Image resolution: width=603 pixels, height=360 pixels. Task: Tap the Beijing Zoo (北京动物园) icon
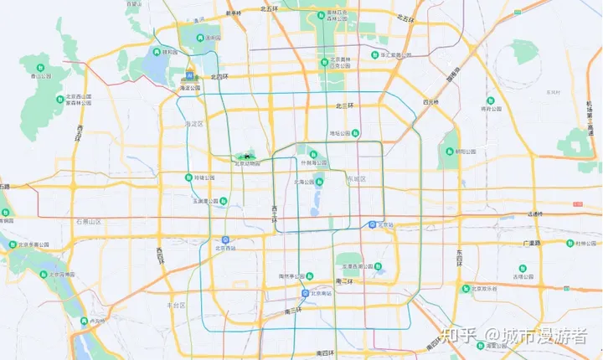247,155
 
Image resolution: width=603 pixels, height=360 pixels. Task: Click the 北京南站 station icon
306,293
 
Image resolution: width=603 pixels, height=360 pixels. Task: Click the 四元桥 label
431,101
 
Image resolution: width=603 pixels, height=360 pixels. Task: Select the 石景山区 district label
88,221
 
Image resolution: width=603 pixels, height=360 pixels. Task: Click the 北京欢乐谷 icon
465,288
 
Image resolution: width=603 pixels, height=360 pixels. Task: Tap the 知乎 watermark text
465,336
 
